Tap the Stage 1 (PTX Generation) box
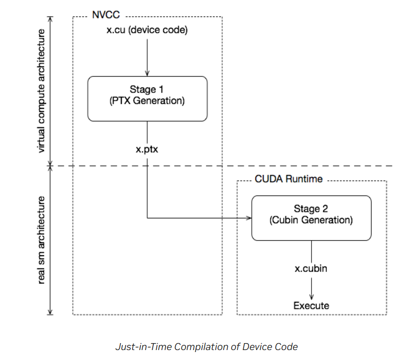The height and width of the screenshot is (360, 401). (147, 98)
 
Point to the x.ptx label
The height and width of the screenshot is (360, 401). (147, 149)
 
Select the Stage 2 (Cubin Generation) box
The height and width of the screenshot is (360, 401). (311, 217)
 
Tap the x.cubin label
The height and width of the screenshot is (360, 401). (311, 269)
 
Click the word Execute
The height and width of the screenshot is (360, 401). (311, 305)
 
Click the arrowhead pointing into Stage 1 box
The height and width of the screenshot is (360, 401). (147, 74)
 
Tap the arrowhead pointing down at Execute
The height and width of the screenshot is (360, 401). (311, 297)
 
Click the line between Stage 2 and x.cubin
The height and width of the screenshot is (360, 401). (311, 251)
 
